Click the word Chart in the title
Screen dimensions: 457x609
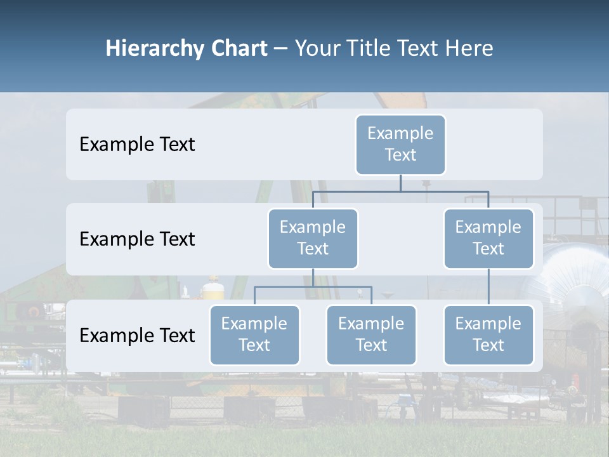(x=239, y=48)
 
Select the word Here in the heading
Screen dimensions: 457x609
(x=469, y=48)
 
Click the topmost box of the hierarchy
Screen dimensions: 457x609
(x=400, y=144)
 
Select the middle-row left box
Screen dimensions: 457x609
(x=313, y=238)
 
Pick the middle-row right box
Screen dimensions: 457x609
(x=488, y=238)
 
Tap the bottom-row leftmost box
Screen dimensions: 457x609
(x=254, y=334)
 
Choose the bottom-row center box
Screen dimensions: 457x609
(x=371, y=334)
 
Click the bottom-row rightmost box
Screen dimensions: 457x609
(x=488, y=334)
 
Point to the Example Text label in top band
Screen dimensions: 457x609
(x=137, y=144)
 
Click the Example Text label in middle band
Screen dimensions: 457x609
(x=137, y=239)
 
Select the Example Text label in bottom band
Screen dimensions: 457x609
(x=137, y=335)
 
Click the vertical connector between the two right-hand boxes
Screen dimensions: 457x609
(x=488, y=286)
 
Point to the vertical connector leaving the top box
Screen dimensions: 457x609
(x=400, y=183)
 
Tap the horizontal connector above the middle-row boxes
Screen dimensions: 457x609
(x=400, y=191)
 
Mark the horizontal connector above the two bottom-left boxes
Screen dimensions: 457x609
(x=313, y=287)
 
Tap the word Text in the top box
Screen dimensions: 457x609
(x=400, y=155)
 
